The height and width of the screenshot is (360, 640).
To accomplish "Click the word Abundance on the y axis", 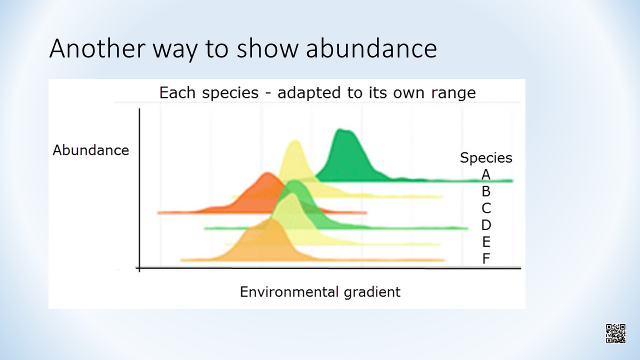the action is (x=91, y=150).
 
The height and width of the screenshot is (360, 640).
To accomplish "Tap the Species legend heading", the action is (x=486, y=158).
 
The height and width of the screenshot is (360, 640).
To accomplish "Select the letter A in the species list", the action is (x=486, y=174).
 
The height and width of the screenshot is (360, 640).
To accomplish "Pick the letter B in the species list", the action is (x=486, y=191).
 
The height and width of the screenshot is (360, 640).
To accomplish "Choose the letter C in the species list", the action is (x=486, y=208).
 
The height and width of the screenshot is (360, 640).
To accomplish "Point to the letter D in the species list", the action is (x=486, y=225).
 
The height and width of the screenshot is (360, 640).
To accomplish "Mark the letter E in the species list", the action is (x=486, y=241).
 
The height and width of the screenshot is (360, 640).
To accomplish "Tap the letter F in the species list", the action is (x=486, y=258).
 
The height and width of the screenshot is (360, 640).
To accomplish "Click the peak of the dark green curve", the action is (x=340, y=129).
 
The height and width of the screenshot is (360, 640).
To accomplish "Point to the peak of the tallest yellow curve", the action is (x=295, y=140).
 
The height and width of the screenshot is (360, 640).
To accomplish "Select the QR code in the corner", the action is (x=615, y=333).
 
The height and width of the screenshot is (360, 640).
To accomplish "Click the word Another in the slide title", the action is (x=97, y=48).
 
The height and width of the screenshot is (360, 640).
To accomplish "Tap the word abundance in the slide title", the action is (x=371, y=48).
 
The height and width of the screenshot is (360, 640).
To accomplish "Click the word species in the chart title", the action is (x=230, y=93).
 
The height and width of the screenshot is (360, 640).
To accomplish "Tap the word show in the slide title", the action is (x=267, y=48).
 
